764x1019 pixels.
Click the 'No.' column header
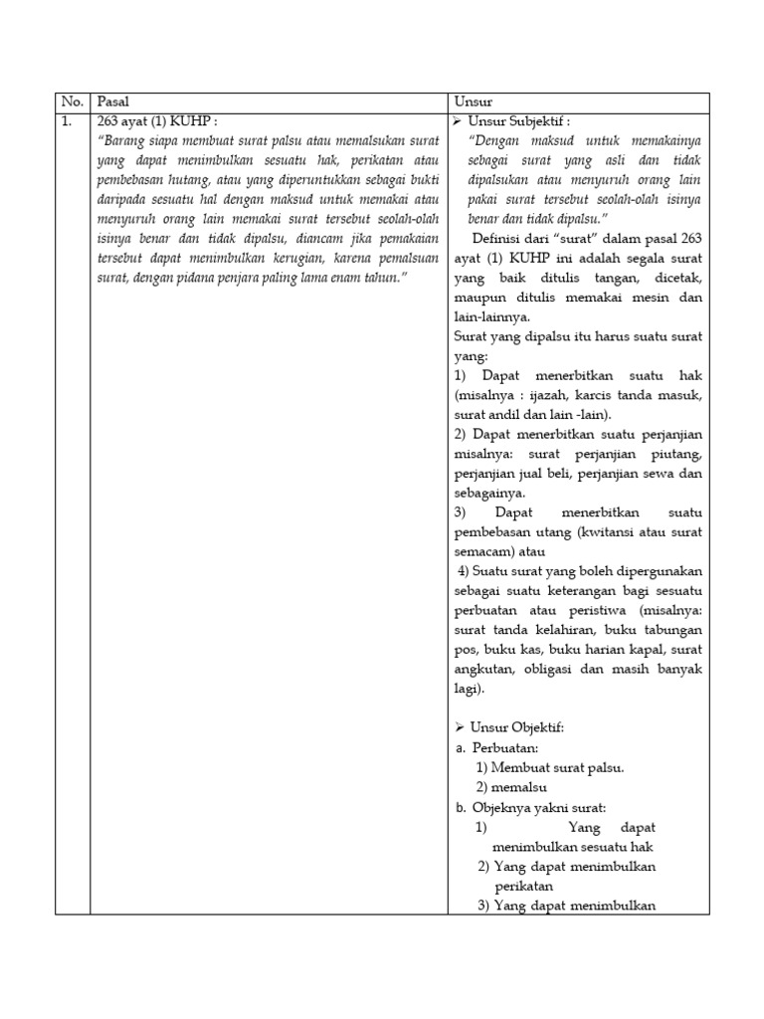[x=71, y=102]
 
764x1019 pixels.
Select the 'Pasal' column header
[x=112, y=102]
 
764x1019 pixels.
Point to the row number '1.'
[x=67, y=121]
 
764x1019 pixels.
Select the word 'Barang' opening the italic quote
[x=127, y=140]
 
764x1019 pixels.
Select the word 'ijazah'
[x=535, y=396]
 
